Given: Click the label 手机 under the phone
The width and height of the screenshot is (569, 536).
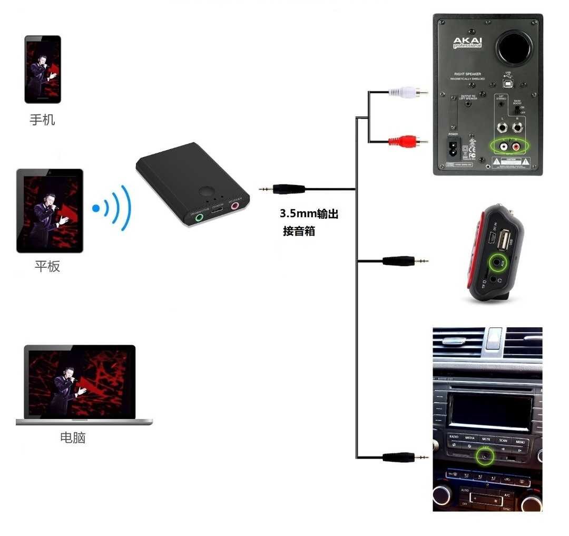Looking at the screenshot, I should pyautogui.click(x=42, y=120).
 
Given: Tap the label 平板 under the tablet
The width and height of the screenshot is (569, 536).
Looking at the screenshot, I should pyautogui.click(x=47, y=266).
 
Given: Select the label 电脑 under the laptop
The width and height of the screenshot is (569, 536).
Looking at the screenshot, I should pyautogui.click(x=73, y=437).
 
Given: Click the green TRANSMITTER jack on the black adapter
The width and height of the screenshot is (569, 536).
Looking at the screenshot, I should pyautogui.click(x=199, y=216).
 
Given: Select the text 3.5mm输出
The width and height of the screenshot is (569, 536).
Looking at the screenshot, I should pyautogui.click(x=309, y=215).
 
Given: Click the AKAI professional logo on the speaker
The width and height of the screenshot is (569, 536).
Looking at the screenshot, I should pyautogui.click(x=467, y=42).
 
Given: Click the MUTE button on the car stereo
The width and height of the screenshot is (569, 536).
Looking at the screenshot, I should pyautogui.click(x=486, y=439).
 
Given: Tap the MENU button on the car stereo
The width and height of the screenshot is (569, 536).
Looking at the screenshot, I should pyautogui.click(x=520, y=441).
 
